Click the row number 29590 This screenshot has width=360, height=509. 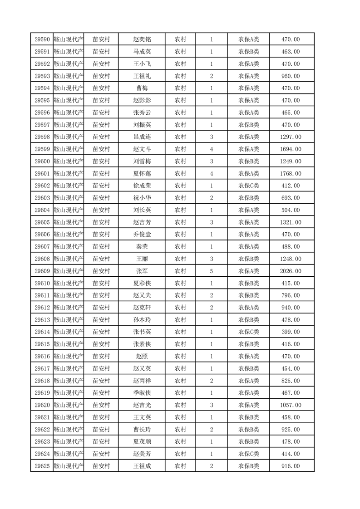42,39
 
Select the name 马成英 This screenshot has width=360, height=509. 142,52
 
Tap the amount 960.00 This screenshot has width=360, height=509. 291,76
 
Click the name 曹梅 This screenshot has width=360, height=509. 142,88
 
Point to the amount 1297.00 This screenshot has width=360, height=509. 291,137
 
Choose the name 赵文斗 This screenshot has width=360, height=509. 142,149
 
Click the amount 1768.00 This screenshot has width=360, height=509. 291,173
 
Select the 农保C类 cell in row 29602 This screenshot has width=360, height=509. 248,186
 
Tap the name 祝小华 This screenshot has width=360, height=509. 142,198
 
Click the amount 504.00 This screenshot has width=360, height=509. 291,210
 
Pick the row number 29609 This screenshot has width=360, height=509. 42,271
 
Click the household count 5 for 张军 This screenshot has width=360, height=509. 212,271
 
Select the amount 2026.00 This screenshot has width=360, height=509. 291,271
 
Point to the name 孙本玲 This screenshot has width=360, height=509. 142,319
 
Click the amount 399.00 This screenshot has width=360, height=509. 291,332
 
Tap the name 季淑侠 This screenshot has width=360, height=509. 142,393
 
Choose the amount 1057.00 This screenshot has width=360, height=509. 291,405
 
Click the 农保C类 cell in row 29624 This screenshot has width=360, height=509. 248,454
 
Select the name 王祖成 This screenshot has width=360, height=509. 142,466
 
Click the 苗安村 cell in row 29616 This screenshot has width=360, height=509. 101,356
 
